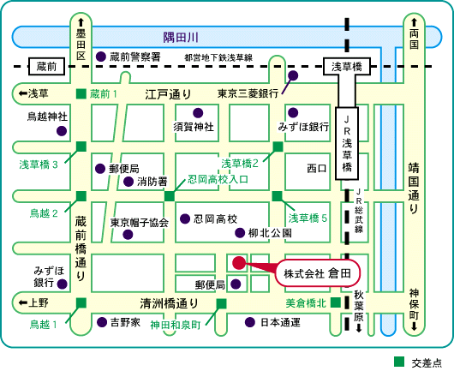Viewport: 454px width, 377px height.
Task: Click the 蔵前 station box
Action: coord(46,66)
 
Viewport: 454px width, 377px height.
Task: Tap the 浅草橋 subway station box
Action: coord(347,67)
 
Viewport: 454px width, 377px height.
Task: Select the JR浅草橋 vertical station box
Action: coord(347,144)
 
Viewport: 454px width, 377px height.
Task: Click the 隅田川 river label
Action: coord(181,38)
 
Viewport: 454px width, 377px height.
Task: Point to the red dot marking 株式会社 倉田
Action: coord(239,263)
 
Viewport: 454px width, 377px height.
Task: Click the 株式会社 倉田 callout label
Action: coord(317,273)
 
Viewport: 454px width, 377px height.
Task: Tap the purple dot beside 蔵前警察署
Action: coord(101,57)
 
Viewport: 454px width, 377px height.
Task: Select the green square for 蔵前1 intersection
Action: coord(81,93)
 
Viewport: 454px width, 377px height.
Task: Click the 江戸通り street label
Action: coord(168,94)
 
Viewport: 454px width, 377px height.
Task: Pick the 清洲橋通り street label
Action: coord(170,303)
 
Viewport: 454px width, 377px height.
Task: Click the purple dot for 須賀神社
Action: coord(198,113)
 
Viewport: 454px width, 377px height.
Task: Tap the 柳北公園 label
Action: coord(270,233)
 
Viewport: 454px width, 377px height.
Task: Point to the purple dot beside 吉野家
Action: coord(102,322)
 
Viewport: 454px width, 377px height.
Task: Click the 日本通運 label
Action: coord(280,322)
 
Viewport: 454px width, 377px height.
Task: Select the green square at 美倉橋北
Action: coord(336,302)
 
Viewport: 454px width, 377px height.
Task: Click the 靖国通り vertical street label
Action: coord(414,188)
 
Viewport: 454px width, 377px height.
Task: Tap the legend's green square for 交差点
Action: coord(399,362)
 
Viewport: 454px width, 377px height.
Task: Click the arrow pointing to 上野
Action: coord(23,302)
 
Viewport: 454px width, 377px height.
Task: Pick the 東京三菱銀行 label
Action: coord(248,93)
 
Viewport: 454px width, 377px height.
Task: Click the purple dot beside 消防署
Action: coord(128,182)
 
